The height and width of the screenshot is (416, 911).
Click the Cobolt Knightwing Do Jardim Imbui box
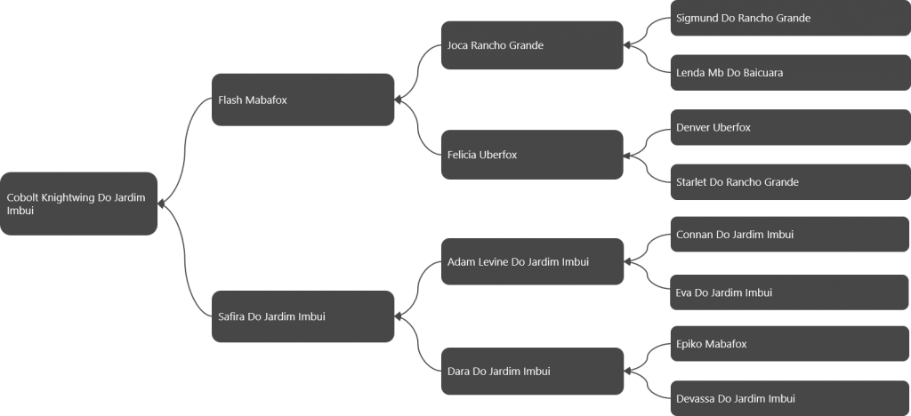pos(78,204)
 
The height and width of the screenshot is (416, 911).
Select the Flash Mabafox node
pos(302,100)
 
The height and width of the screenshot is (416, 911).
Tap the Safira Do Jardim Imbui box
pos(302,316)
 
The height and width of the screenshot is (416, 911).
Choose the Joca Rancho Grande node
pos(532,45)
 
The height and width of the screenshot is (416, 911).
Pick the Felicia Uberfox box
pos(532,155)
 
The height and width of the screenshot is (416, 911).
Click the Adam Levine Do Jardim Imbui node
pos(532,261)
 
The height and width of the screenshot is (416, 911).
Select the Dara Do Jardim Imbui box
pos(532,372)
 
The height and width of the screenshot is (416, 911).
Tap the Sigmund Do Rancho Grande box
pos(791,18)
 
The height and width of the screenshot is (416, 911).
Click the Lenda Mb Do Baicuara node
pos(791,73)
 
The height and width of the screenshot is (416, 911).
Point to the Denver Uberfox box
pos(791,127)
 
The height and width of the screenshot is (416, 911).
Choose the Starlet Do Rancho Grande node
pos(791,182)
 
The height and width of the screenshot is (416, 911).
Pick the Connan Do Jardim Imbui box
pos(790,235)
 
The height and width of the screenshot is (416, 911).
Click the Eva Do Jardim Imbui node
pos(790,292)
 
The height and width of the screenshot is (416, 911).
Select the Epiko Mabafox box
pos(790,343)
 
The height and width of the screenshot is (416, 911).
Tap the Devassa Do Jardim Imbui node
pos(790,398)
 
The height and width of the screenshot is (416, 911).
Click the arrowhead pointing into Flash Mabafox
pos(398,100)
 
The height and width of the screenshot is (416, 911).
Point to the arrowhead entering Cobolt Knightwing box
pos(162,204)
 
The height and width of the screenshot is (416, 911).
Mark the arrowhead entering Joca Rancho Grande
pos(627,45)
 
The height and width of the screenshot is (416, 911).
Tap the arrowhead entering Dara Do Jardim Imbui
pos(627,372)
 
